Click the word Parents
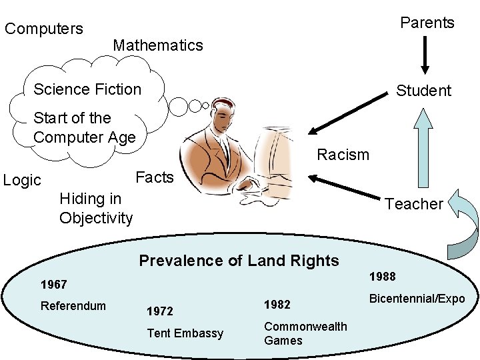pos(427,23)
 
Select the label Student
pos(423,91)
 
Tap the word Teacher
pos(413,204)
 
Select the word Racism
pos(343,155)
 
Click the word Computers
pos(44,29)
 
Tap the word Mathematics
pos(158,45)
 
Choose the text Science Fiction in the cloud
pos(87,89)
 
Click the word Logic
pos(22,180)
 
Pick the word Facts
pos(154,177)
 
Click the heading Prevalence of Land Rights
pos(239,261)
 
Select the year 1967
pos(53,285)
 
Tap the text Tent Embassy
pos(185,333)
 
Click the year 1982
pos(277,304)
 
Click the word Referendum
pos(73,306)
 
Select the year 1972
pos(159,311)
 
